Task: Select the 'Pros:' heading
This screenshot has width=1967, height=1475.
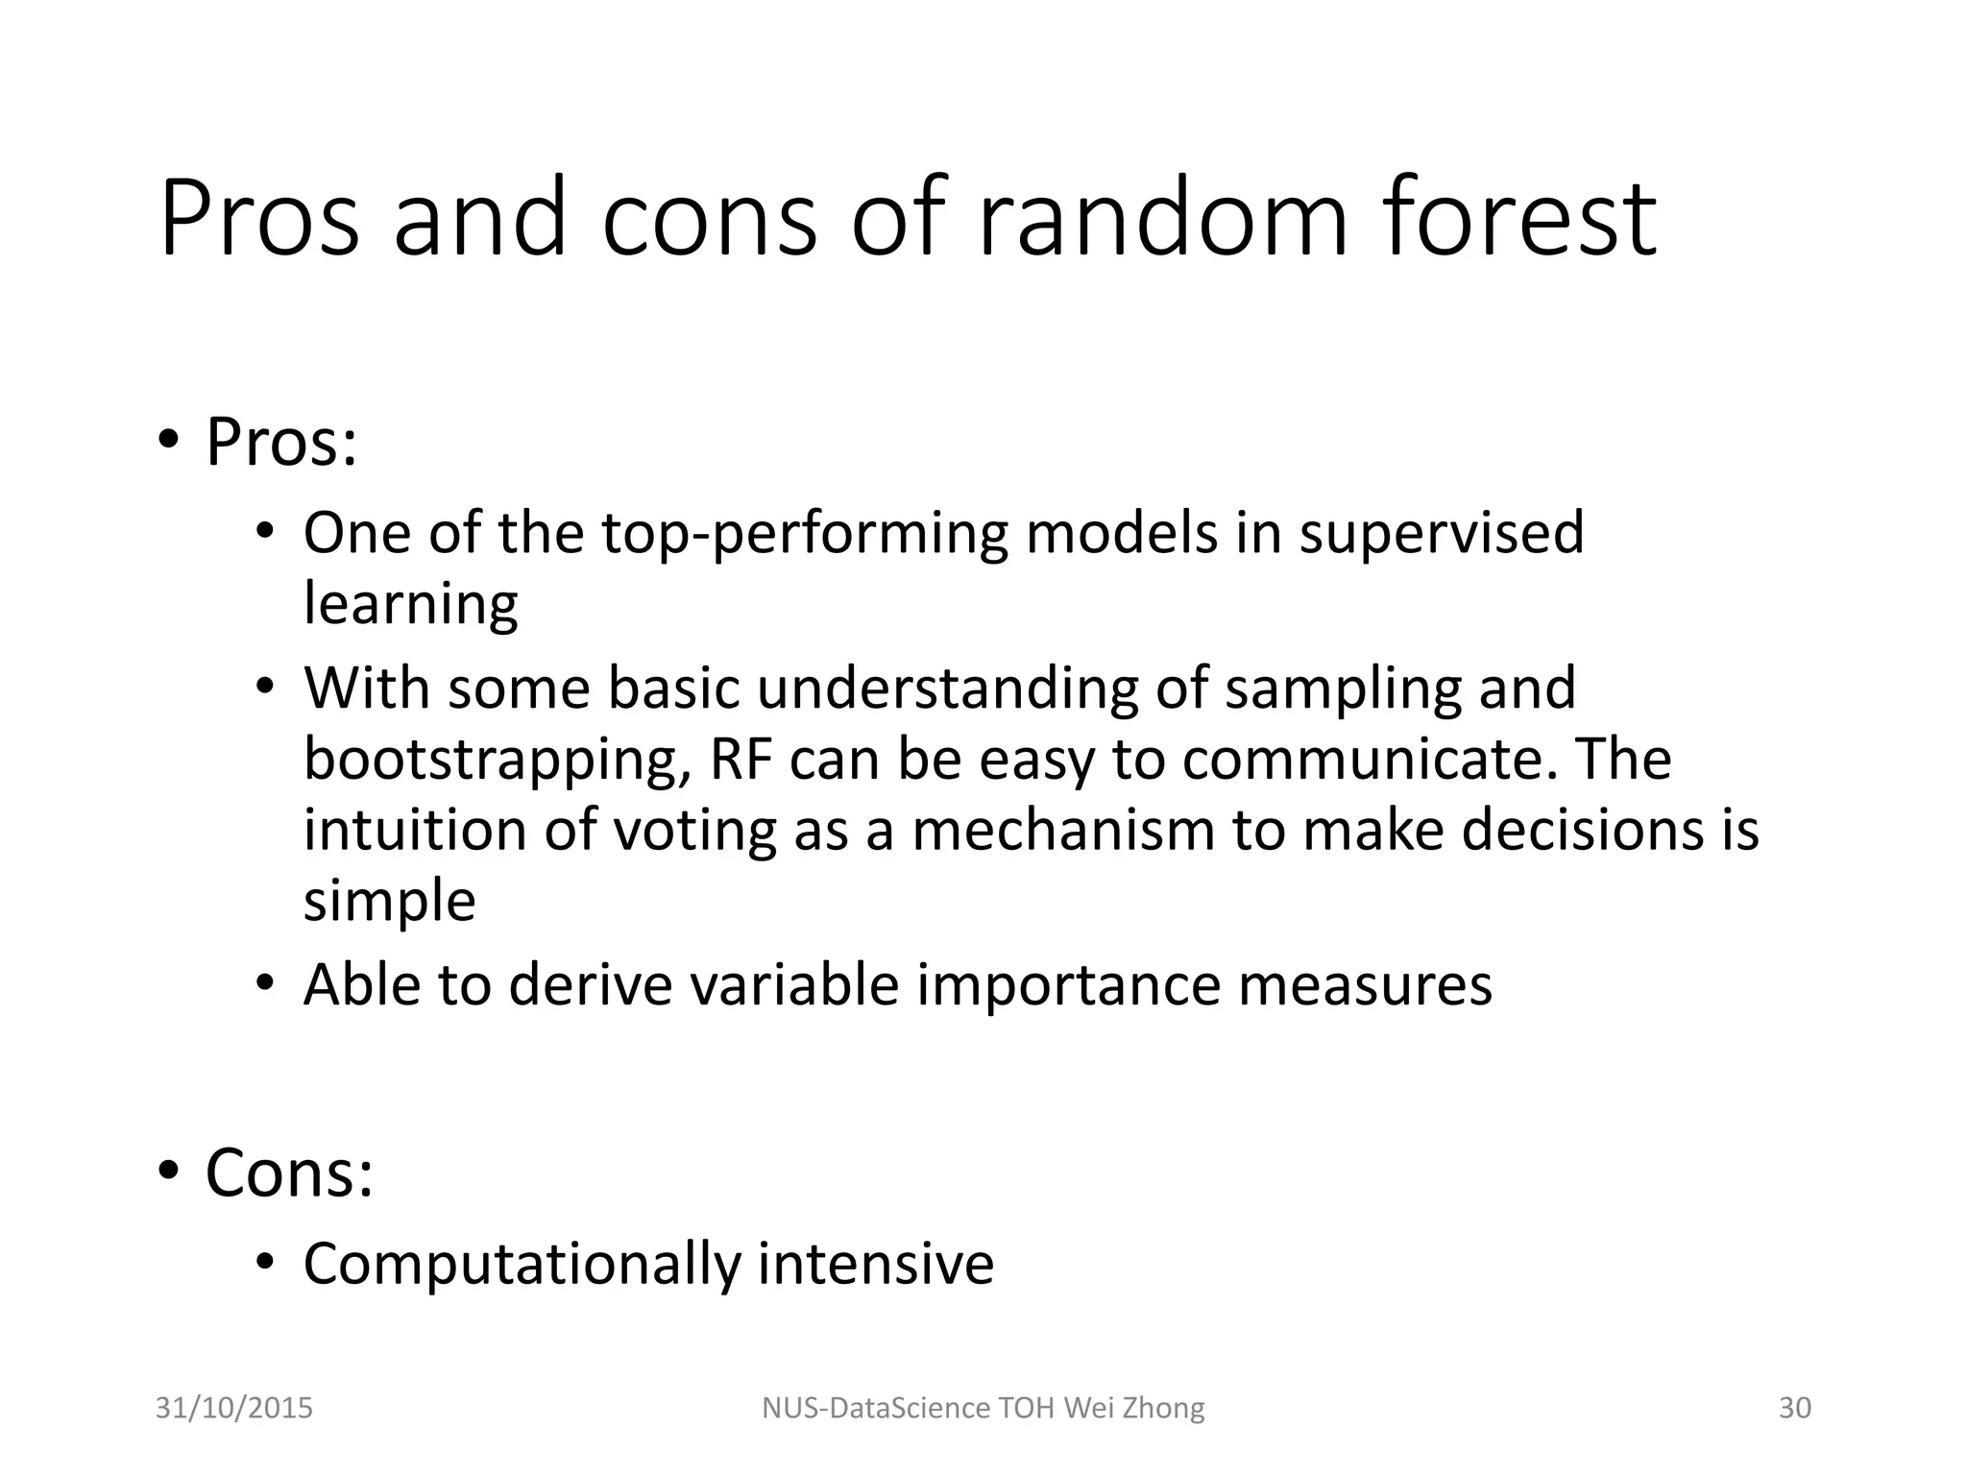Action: [x=281, y=444]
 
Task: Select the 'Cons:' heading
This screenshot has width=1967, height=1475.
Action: [x=289, y=1173]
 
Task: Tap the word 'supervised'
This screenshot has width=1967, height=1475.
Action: [x=1441, y=534]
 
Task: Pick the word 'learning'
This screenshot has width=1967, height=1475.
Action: [x=410, y=605]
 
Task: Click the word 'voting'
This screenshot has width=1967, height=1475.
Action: [x=694, y=832]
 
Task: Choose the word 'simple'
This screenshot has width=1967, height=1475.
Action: [x=389, y=902]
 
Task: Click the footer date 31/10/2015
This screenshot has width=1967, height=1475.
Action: [x=234, y=1408]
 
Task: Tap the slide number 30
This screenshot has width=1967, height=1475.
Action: [x=1795, y=1408]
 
